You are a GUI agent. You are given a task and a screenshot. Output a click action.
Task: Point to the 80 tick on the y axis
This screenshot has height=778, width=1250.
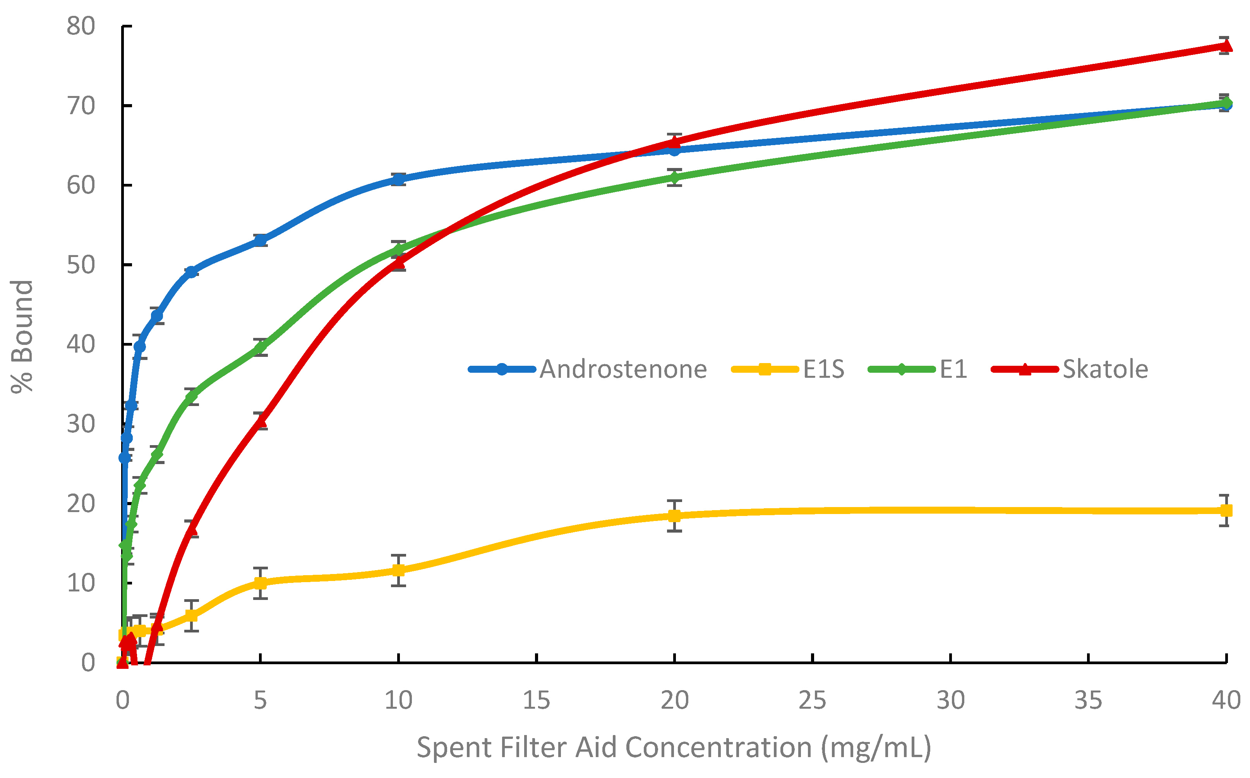pyautogui.click(x=81, y=26)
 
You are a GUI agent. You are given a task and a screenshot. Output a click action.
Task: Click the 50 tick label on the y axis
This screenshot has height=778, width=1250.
pyautogui.click(x=81, y=265)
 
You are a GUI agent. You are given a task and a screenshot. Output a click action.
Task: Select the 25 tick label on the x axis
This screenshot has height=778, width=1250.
pyautogui.click(x=812, y=701)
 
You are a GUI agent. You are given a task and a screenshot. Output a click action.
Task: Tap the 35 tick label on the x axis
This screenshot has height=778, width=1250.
pyautogui.click(x=1088, y=701)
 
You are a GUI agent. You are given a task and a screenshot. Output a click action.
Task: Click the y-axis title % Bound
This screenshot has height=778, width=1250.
pyautogui.click(x=22, y=337)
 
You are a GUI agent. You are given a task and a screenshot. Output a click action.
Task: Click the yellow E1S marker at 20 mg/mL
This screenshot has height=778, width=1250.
pyautogui.click(x=674, y=516)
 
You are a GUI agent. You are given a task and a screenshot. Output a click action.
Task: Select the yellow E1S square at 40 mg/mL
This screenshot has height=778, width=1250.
pyautogui.click(x=1226, y=511)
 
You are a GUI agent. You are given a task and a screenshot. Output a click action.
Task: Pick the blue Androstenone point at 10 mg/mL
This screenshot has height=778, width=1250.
pyautogui.click(x=398, y=179)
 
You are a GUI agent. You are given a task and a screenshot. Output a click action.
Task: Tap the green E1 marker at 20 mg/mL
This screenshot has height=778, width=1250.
pyautogui.click(x=674, y=178)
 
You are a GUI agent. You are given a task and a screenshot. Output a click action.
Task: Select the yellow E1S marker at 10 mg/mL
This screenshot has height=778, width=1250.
pyautogui.click(x=398, y=571)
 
